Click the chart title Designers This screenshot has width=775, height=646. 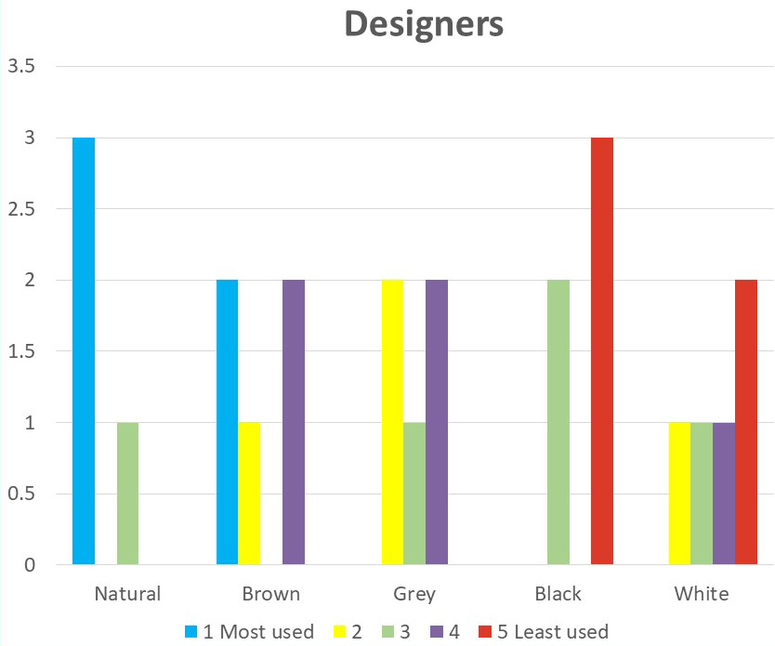click(424, 24)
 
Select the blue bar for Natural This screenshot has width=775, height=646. click(84, 350)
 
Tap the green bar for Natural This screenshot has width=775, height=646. click(127, 494)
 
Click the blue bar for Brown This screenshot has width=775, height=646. click(227, 422)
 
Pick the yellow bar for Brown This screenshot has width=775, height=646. click(249, 494)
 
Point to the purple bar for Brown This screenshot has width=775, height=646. click(294, 422)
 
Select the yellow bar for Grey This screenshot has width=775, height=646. click(392, 422)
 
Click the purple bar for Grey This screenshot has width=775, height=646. click(437, 422)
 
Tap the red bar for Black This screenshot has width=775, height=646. click(602, 350)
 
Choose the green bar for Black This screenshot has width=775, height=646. click(558, 422)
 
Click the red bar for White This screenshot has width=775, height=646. click(746, 422)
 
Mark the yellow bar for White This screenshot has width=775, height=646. click(679, 494)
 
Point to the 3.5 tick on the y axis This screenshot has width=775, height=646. click(21, 67)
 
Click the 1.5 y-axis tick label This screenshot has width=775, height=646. click(21, 351)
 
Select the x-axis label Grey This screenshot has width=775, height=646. click(414, 594)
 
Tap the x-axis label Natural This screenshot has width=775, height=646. click(127, 594)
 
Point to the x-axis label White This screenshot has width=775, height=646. click(702, 594)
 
